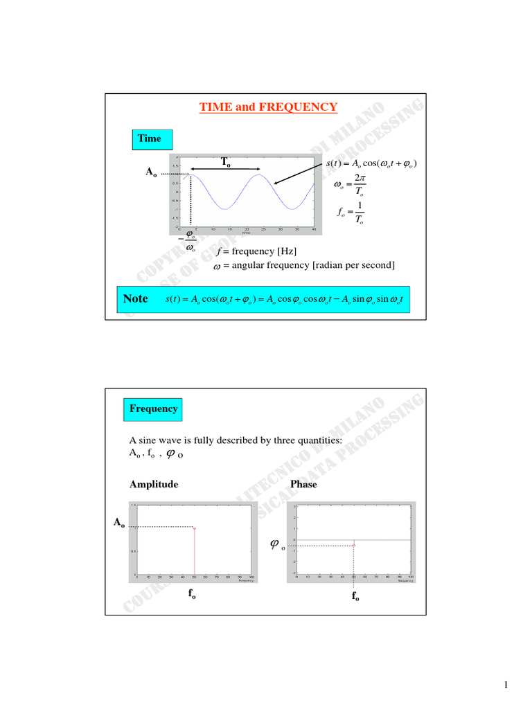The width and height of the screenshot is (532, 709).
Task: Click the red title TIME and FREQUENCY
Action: click(268, 107)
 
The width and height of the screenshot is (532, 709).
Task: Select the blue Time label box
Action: click(149, 138)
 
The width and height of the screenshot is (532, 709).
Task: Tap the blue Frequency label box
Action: click(153, 409)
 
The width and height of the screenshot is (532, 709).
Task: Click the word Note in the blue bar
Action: click(135, 298)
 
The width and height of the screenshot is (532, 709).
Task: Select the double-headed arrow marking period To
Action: click(226, 170)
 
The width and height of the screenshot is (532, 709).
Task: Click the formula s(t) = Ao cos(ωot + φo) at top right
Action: click(371, 163)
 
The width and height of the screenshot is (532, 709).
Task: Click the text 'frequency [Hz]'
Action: click(260, 251)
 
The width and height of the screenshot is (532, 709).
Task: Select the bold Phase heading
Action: click(303, 485)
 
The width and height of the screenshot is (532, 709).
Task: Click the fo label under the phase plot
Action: click(355, 596)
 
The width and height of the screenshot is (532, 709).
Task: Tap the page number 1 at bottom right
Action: click(506, 685)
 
